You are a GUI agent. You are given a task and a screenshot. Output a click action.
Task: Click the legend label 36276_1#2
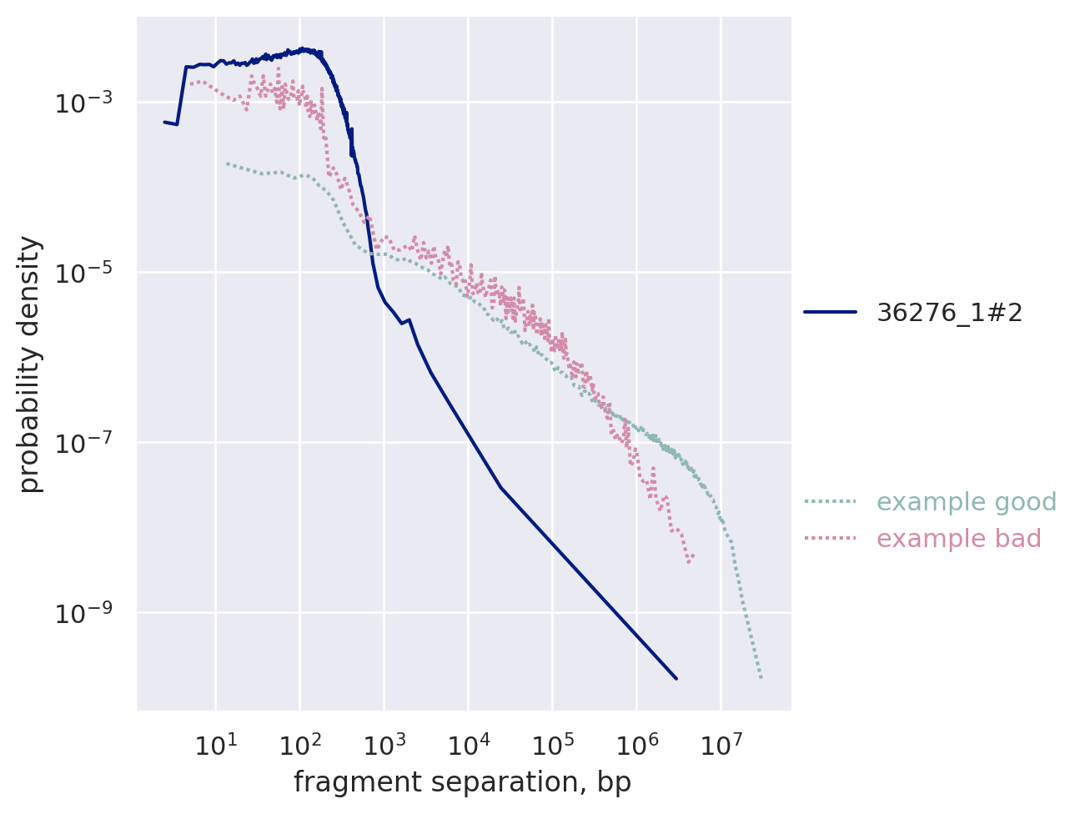coord(949,313)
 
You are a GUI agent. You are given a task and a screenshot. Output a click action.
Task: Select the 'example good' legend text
coord(967,502)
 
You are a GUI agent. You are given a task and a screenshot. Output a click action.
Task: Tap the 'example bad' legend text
coord(959,539)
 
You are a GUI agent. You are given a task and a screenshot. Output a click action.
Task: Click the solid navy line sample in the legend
coord(831,313)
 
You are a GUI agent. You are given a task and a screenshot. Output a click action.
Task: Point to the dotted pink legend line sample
coord(831,539)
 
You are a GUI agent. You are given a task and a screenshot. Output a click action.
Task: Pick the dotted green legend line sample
coord(831,502)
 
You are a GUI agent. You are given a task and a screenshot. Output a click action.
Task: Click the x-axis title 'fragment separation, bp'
coord(462,782)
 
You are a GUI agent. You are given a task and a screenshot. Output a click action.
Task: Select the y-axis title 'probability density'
coord(30,364)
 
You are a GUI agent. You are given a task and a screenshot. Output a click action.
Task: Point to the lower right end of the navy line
coord(676,678)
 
